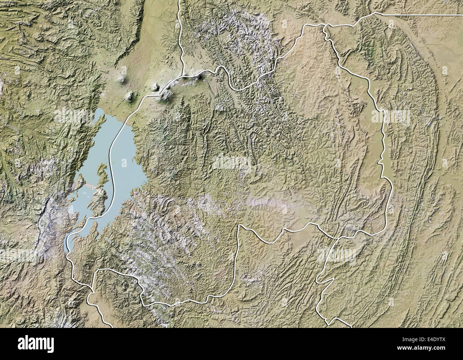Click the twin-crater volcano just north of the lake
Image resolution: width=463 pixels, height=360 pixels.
[x=131, y=95]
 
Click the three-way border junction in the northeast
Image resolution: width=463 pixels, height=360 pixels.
[x=325, y=26]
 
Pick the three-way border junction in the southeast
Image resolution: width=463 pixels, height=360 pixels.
[x=337, y=238]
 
